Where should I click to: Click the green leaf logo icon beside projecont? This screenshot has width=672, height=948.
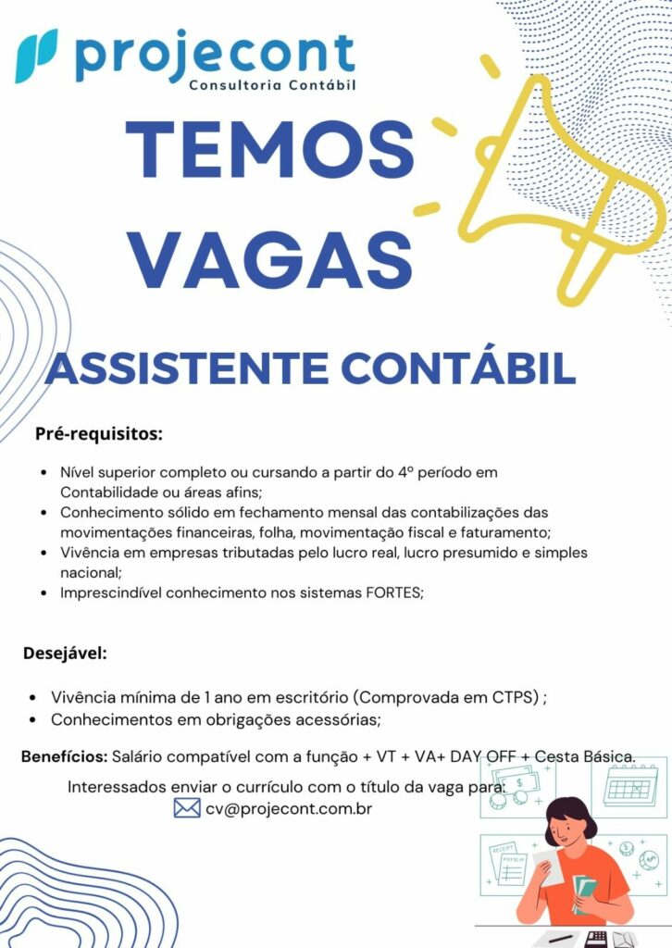pyautogui.click(x=36, y=56)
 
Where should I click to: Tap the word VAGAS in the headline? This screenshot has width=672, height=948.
pyautogui.click(x=269, y=261)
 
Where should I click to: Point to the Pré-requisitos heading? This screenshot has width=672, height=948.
pyautogui.click(x=99, y=432)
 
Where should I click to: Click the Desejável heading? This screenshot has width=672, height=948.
pyautogui.click(x=66, y=654)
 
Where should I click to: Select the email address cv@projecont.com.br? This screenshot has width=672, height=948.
pyautogui.click(x=289, y=808)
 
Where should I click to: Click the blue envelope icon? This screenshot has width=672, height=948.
pyautogui.click(x=187, y=808)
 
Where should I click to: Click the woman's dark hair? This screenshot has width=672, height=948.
pyautogui.click(x=569, y=815)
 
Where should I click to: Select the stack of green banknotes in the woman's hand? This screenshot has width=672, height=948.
pyautogui.click(x=584, y=892)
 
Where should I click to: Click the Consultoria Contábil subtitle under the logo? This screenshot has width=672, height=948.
pyautogui.click(x=272, y=86)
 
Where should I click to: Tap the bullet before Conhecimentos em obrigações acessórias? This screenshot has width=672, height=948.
pyautogui.click(x=32, y=719)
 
